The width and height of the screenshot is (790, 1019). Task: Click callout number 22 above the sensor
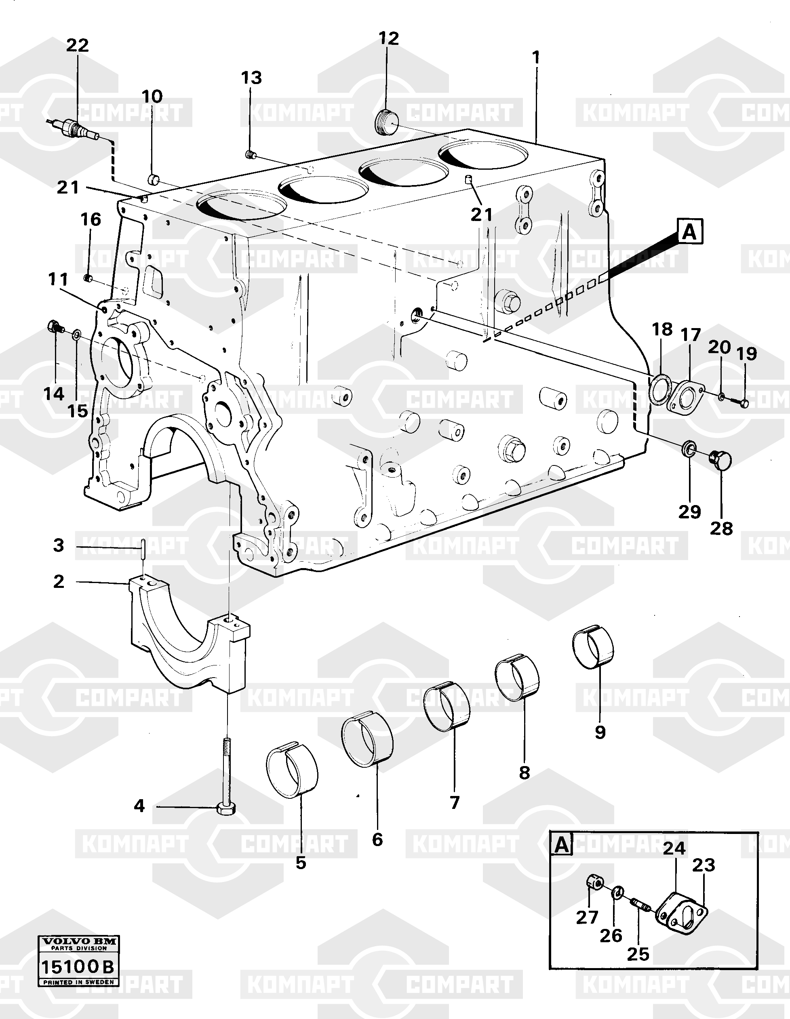pyautogui.click(x=77, y=45)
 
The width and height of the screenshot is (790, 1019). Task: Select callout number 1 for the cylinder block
pyautogui.click(x=536, y=57)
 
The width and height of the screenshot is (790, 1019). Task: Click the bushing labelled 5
pyautogui.click(x=292, y=769)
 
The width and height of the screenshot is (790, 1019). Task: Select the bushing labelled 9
pyautogui.click(x=593, y=646)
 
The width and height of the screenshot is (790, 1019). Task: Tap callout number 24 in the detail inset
pyautogui.click(x=674, y=848)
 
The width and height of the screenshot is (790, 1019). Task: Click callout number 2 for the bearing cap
pyautogui.click(x=58, y=581)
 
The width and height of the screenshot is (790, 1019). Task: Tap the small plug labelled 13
pyautogui.click(x=250, y=154)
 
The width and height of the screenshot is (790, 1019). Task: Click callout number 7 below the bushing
pyautogui.click(x=455, y=802)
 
